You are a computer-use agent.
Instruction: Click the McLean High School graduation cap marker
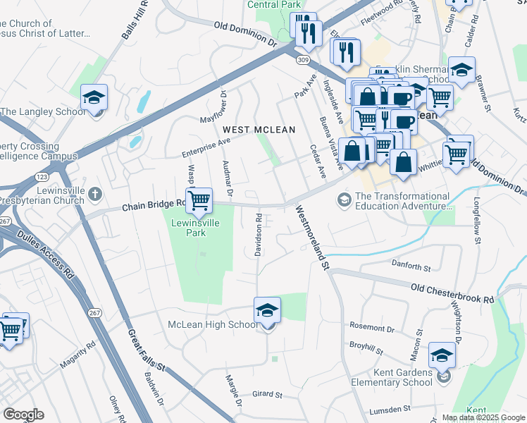[267, 309]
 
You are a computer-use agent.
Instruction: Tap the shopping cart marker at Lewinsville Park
[199, 200]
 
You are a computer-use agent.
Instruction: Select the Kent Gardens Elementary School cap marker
[442, 356]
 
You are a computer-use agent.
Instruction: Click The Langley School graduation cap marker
[93, 99]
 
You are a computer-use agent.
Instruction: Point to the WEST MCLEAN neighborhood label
[259, 130]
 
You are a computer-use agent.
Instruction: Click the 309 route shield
[302, 61]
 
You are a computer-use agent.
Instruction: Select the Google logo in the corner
[24, 415]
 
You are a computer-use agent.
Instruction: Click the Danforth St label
[410, 266]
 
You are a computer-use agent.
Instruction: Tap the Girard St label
[267, 396]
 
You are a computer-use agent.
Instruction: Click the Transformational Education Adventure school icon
[345, 201]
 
